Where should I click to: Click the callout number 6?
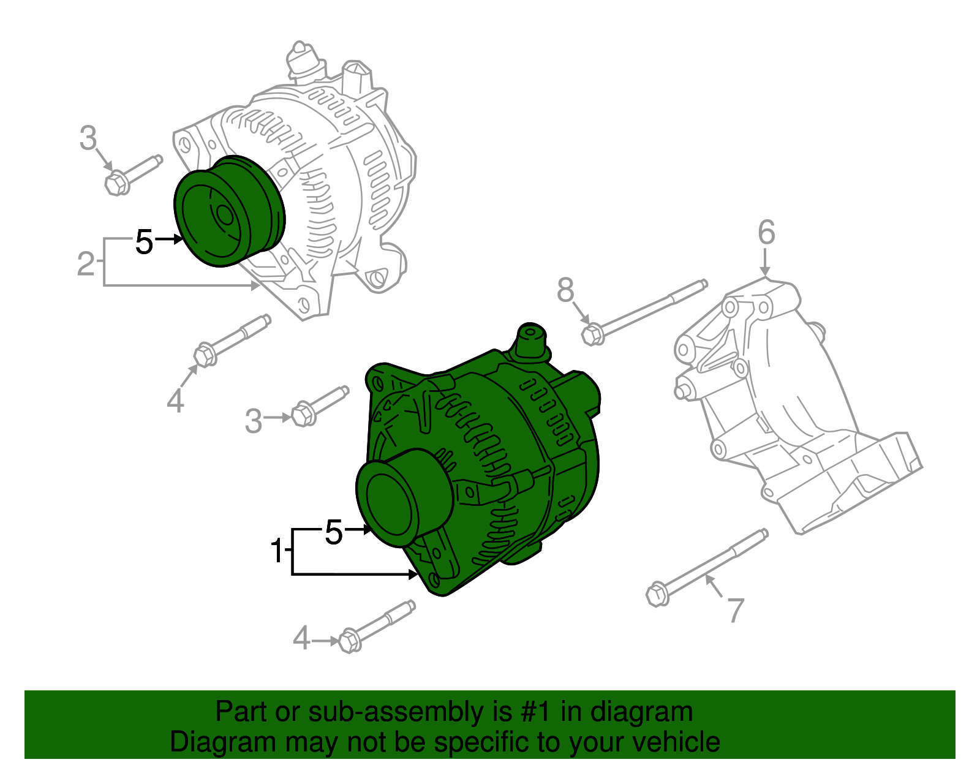pos(766,233)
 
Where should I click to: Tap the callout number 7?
pos(735,609)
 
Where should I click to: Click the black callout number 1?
pos(277,551)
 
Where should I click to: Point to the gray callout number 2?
pos(86,264)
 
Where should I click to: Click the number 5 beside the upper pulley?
pos(144,242)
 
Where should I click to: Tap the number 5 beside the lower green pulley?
pos(333,532)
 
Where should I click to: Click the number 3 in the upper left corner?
pos(88,138)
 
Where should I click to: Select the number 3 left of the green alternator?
pos(253,421)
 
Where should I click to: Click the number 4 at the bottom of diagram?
pos(301,639)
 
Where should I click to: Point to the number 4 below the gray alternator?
pos(175,401)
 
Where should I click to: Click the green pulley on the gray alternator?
pos(227,211)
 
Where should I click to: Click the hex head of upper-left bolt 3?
pos(116,183)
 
